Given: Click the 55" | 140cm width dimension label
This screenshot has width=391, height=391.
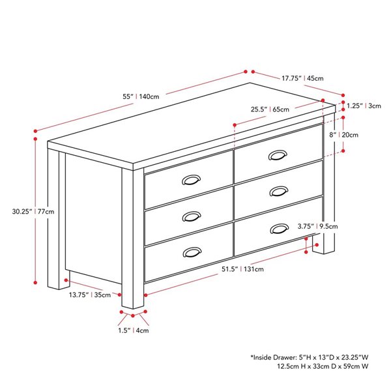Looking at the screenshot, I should pos(141,96).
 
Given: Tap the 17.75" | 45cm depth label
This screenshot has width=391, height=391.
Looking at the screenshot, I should pos(302,78).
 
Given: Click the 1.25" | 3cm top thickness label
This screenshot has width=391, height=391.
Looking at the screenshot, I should pos(364,106).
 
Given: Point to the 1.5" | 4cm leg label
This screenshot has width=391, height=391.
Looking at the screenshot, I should pos(134,330).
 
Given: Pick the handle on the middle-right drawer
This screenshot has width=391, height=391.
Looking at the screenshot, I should pos(278,191).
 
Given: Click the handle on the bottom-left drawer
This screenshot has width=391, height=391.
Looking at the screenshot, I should pos(192,252).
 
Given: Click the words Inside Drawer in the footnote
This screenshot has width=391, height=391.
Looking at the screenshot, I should pos(273,358).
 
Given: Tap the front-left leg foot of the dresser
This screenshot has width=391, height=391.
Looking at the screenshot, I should pos(132,301).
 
